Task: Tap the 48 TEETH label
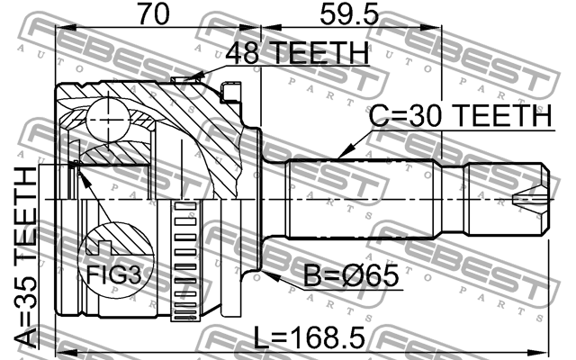tap(296, 55)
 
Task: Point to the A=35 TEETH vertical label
tap(26, 256)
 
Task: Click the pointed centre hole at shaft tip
tap(526, 199)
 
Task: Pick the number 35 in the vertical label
tap(26, 297)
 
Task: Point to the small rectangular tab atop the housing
tap(232, 89)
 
